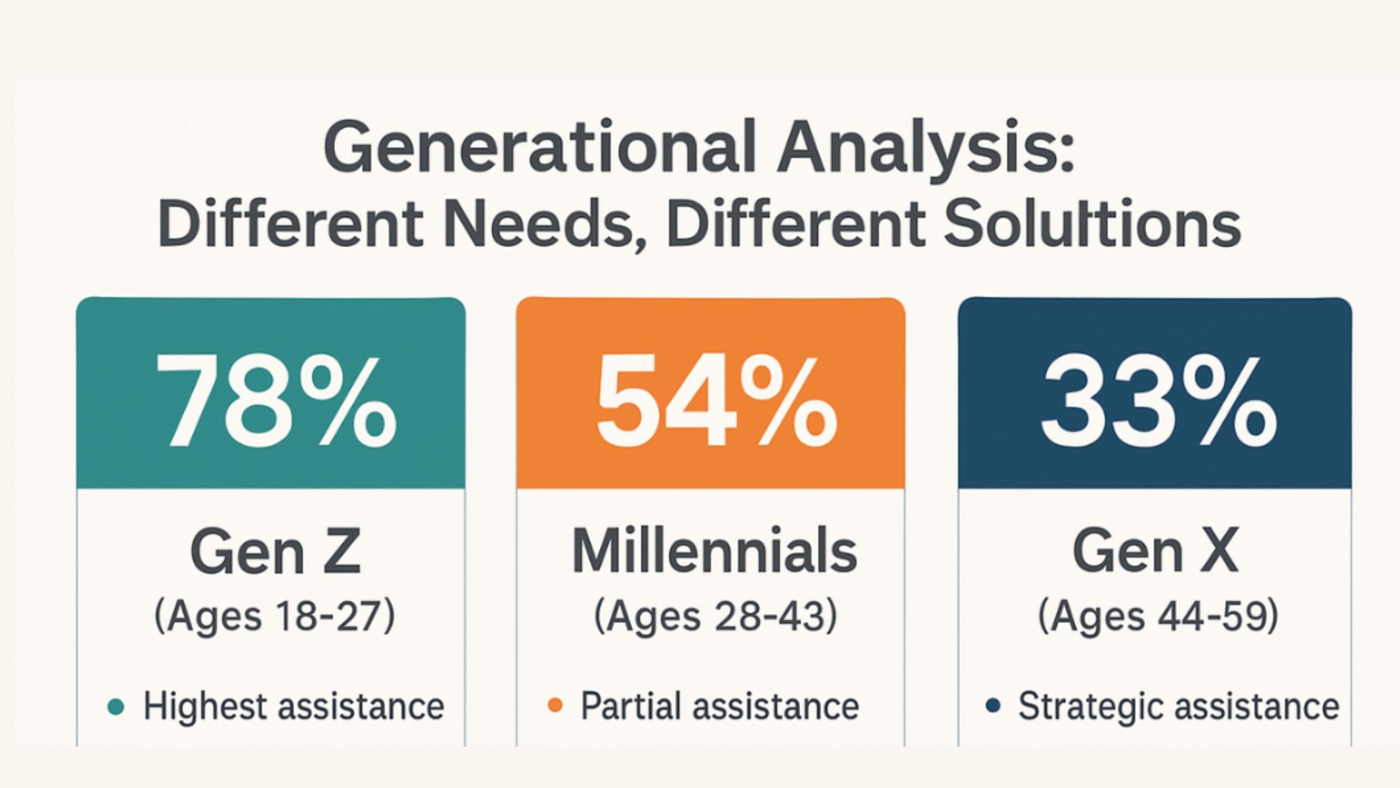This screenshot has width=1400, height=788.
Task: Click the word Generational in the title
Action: click(539, 146)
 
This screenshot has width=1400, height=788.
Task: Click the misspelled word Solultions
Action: click(1093, 222)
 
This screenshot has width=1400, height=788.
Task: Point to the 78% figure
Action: click(276, 399)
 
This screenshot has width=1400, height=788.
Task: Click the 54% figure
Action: click(716, 401)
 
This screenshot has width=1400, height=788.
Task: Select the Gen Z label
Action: click(276, 552)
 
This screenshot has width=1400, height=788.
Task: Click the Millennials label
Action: click(714, 551)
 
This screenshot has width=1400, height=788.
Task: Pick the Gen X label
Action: click(1155, 552)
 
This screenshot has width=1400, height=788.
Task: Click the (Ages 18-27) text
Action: click(274, 616)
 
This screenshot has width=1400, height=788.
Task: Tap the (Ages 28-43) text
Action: click(715, 616)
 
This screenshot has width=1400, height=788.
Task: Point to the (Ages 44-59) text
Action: click(1157, 616)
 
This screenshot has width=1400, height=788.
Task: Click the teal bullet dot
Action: click(116, 707)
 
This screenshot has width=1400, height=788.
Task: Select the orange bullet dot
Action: click(555, 706)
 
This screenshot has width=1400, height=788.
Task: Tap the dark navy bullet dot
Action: click(992, 707)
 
